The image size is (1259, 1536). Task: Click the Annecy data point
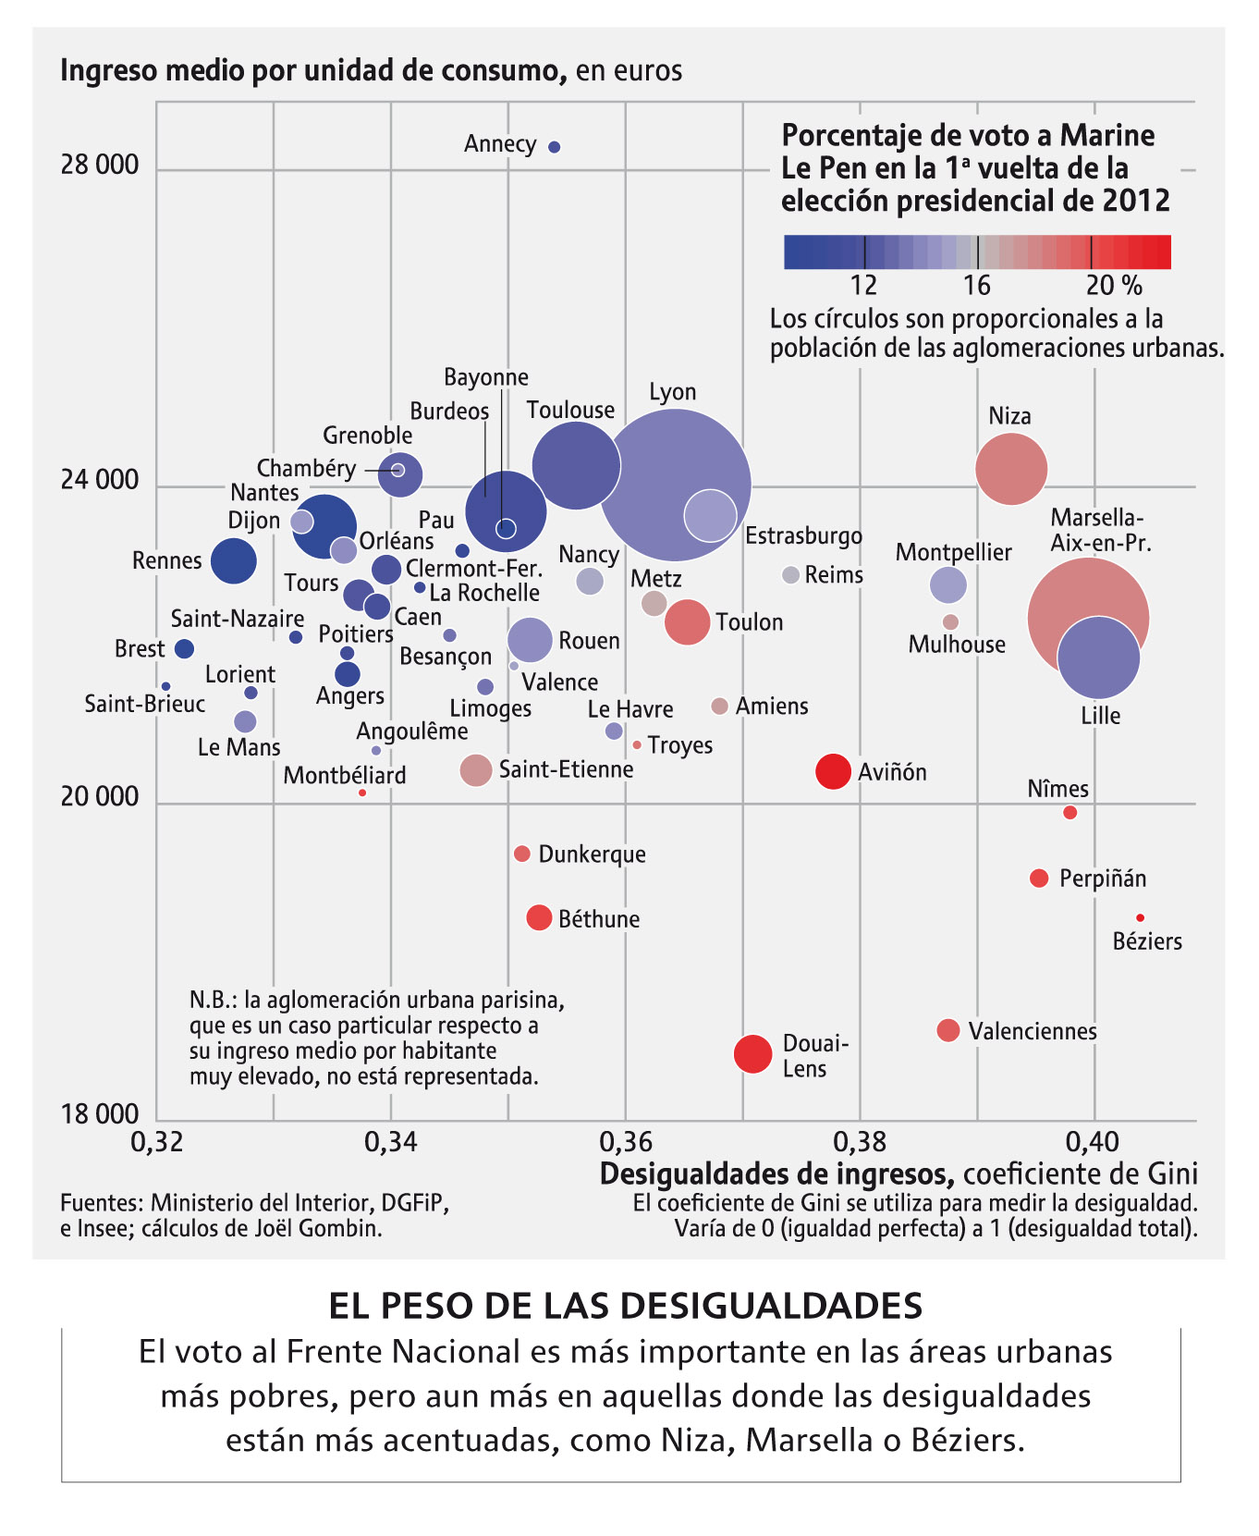[x=555, y=147]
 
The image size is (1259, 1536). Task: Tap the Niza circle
[x=1011, y=469]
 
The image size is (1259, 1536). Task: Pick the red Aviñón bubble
[x=833, y=771]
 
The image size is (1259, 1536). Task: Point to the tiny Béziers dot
[x=1141, y=917]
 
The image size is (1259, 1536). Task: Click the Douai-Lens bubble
[x=753, y=1053]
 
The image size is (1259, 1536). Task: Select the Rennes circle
[x=234, y=560]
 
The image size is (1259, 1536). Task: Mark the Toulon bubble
[x=688, y=621]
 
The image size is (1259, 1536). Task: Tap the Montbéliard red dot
[x=362, y=793]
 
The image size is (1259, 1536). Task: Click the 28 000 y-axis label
[x=100, y=166]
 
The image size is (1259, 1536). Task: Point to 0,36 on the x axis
[x=626, y=1142]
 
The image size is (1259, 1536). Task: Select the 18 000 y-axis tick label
[x=100, y=1114]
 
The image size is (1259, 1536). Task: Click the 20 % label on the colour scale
[x=1114, y=285]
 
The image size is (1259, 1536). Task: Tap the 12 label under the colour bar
[x=864, y=285]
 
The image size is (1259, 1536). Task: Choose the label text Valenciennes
[x=1033, y=1031]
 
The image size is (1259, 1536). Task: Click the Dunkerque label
[x=593, y=854]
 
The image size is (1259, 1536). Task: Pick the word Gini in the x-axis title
[x=1173, y=1174]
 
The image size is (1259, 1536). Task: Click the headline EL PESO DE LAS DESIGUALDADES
[x=626, y=1306]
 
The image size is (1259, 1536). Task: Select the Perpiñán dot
[x=1039, y=878]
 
